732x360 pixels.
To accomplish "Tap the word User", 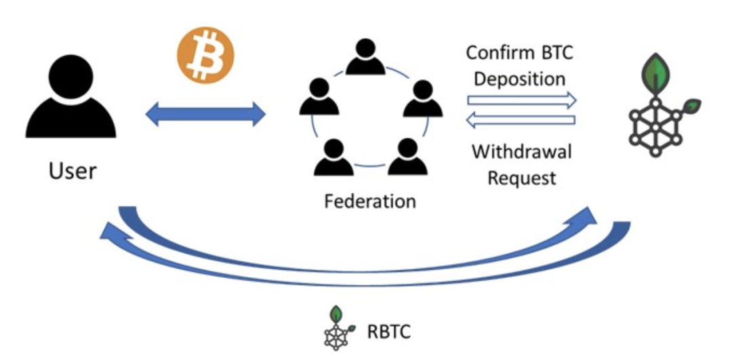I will pyautogui.click(x=72, y=171).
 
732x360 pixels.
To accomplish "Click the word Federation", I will pyautogui.click(x=369, y=201).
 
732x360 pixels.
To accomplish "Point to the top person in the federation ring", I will pyautogui.click(x=365, y=58).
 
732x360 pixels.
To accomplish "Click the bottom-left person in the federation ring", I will pyautogui.click(x=332, y=157).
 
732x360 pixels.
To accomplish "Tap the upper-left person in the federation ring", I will pyautogui.click(x=319, y=98).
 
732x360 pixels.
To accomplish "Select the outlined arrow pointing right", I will pyautogui.click(x=521, y=100).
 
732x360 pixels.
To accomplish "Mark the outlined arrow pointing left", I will pyautogui.click(x=521, y=121).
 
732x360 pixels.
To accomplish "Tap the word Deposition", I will pyautogui.click(x=519, y=79).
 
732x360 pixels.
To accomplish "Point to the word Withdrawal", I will pyautogui.click(x=521, y=151).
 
